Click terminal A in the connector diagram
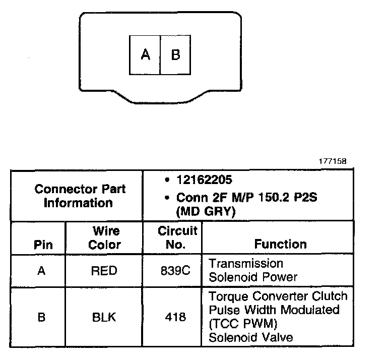click(x=145, y=54)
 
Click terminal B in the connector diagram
click(x=175, y=54)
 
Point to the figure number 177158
click(x=332, y=162)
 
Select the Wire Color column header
click(x=105, y=238)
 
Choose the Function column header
click(x=280, y=244)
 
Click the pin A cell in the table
click(x=42, y=271)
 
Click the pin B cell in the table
click(x=42, y=317)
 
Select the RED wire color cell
click(x=104, y=271)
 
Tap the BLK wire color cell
click(x=104, y=317)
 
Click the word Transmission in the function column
click(x=246, y=264)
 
